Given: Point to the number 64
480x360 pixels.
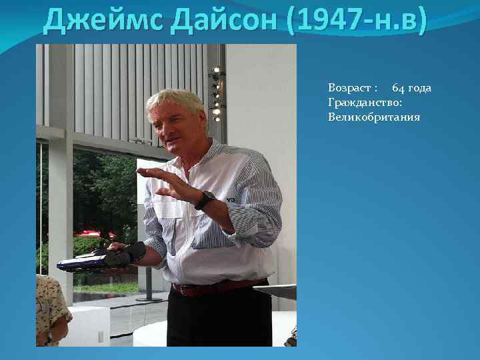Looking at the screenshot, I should tap(398, 89).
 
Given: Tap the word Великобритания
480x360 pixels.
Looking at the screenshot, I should tap(373, 117).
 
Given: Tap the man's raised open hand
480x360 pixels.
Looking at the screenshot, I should tap(163, 180).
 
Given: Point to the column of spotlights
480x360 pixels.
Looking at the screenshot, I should tap(216, 93).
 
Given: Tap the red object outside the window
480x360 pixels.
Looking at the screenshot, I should tap(93, 233).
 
